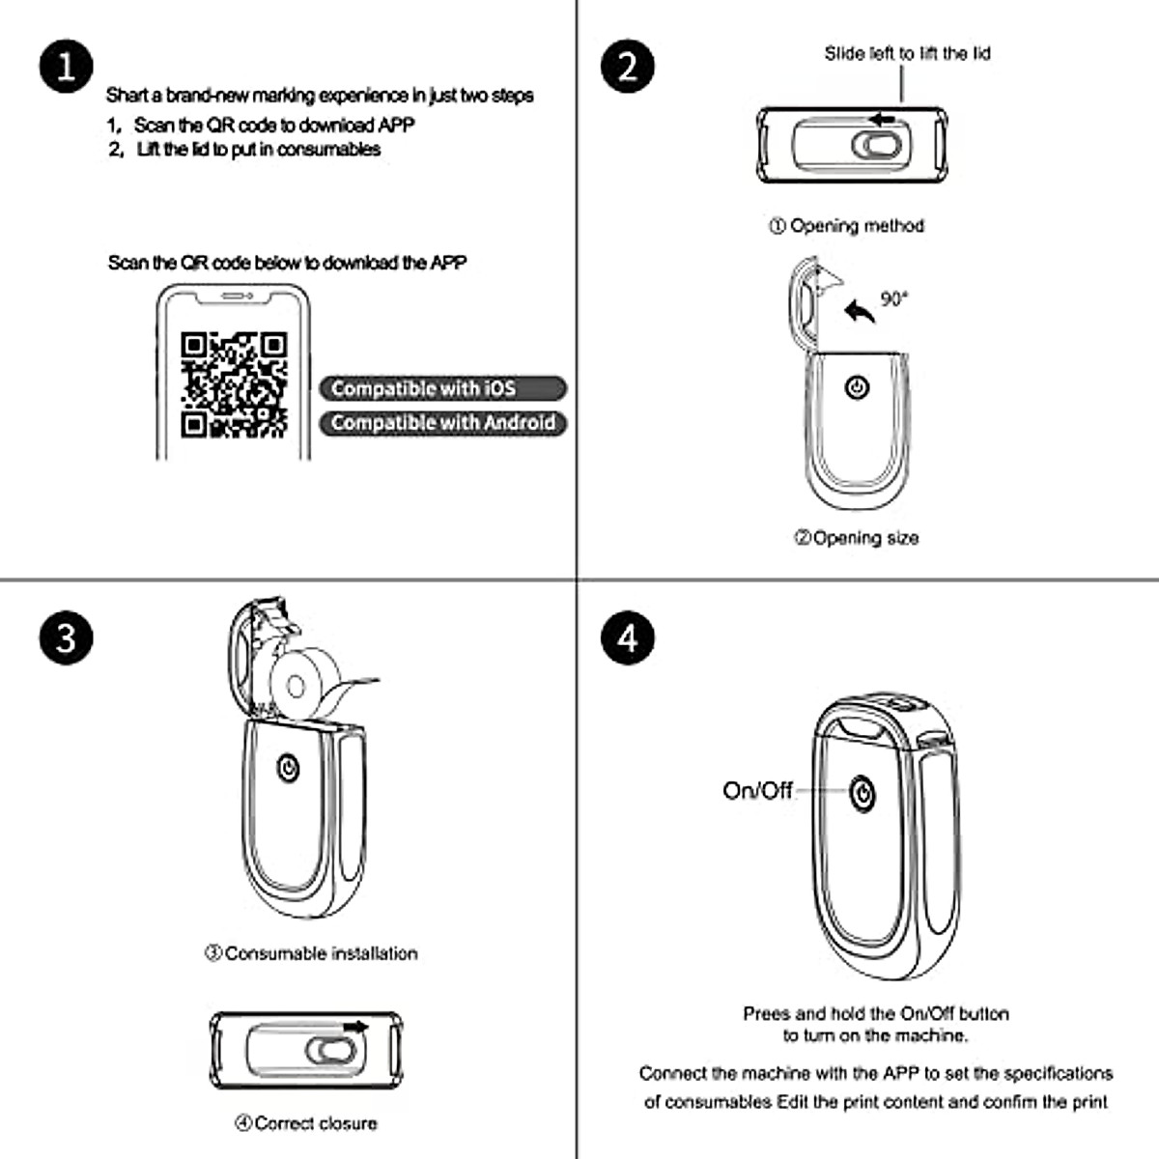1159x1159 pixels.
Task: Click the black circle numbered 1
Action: (x=66, y=67)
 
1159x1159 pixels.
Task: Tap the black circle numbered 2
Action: (x=628, y=67)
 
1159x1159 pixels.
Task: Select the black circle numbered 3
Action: (x=66, y=638)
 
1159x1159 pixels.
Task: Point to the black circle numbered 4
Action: (x=628, y=638)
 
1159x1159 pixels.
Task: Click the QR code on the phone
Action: (x=234, y=384)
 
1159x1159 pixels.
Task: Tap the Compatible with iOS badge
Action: (x=442, y=388)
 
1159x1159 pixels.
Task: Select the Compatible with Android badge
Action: (x=442, y=423)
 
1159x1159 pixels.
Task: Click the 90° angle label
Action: (x=894, y=299)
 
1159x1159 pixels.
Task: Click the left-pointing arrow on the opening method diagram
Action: (x=883, y=120)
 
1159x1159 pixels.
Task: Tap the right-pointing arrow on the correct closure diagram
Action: (x=355, y=1027)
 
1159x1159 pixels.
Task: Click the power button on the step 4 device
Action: (x=862, y=794)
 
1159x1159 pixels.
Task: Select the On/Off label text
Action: (x=757, y=791)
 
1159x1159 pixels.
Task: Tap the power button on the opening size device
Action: (x=857, y=388)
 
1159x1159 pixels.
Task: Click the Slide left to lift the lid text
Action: (x=907, y=54)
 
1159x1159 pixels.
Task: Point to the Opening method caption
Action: (x=847, y=226)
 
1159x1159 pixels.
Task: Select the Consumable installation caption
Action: (x=311, y=953)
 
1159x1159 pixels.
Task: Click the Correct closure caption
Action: (x=306, y=1123)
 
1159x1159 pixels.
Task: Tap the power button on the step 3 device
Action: (x=287, y=769)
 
